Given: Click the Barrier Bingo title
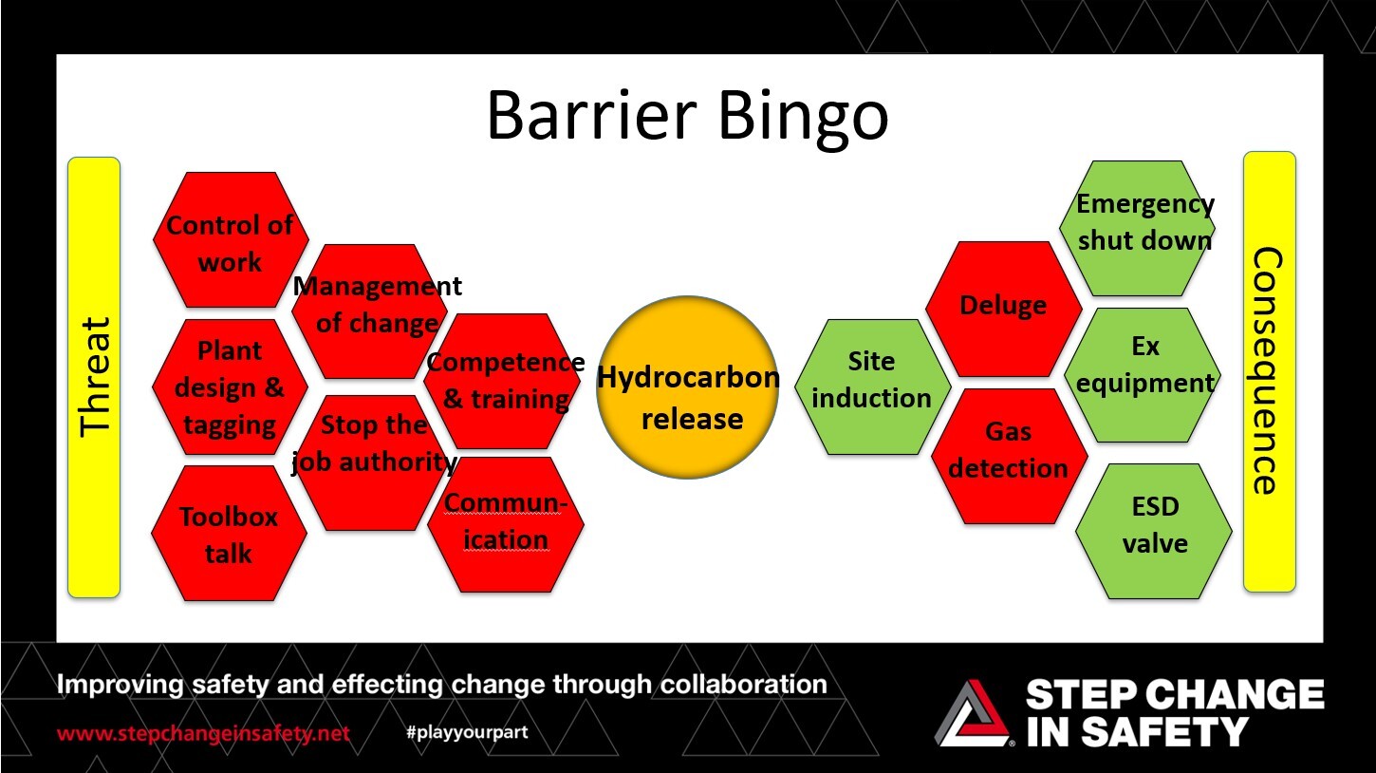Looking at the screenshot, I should click(x=687, y=115).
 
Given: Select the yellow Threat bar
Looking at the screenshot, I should click(x=94, y=377).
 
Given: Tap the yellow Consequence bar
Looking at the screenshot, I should click(x=1269, y=371).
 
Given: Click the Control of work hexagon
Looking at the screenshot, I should click(x=230, y=240).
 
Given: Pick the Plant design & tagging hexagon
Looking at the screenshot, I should click(x=230, y=387).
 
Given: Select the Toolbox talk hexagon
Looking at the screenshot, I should click(x=229, y=534).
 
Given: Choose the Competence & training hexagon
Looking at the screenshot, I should click(x=504, y=381).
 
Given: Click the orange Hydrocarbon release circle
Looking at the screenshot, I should click(x=688, y=386).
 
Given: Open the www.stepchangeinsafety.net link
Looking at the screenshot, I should click(x=203, y=734).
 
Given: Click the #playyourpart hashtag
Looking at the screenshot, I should click(x=466, y=732).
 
